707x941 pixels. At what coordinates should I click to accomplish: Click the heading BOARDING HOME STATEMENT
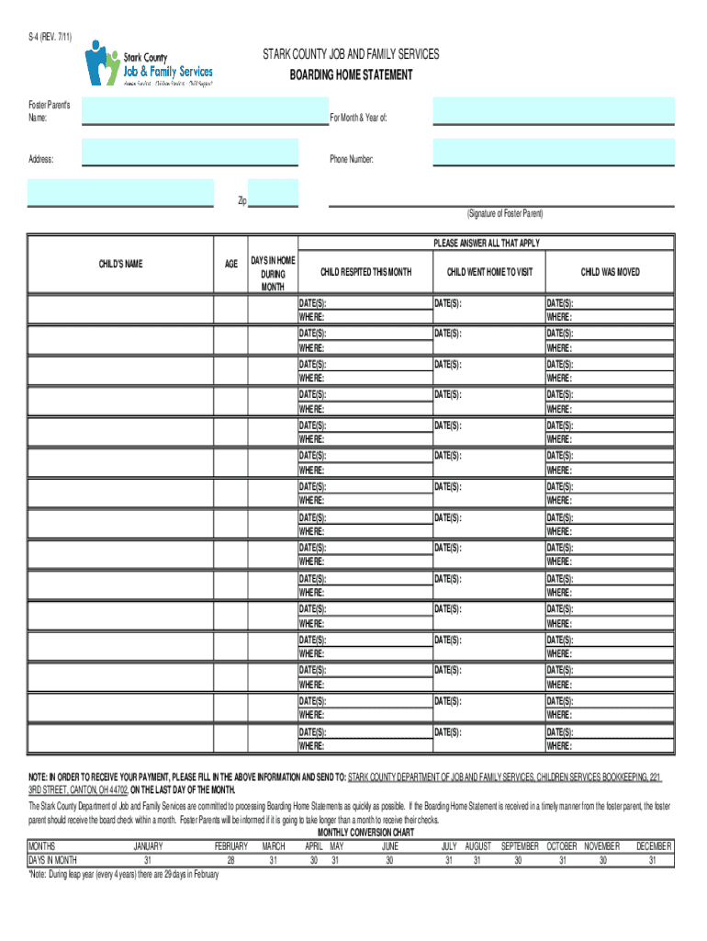click(x=352, y=75)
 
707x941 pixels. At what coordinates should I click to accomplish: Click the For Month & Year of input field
click(x=553, y=111)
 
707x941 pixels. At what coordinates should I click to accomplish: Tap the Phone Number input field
click(x=553, y=152)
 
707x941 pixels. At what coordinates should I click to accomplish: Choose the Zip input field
click(x=274, y=193)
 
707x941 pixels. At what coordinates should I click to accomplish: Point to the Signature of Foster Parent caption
click(x=504, y=213)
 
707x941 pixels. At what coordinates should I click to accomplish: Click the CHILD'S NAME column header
click(x=120, y=264)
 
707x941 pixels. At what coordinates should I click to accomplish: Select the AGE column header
click(x=231, y=264)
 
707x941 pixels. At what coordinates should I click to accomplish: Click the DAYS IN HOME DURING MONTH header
click(x=274, y=274)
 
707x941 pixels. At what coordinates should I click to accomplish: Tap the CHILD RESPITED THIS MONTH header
click(x=365, y=272)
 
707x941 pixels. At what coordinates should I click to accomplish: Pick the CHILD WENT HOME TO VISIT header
click(x=489, y=272)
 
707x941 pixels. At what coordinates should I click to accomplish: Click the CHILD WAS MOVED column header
click(x=610, y=272)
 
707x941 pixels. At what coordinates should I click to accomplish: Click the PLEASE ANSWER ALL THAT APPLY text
click(x=487, y=243)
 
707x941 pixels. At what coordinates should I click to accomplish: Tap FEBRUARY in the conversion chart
click(x=231, y=845)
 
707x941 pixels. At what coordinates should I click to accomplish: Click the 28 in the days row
click(x=231, y=860)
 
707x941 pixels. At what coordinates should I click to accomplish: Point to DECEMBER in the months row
click(x=653, y=845)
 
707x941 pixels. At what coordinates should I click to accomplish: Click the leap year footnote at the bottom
click(x=123, y=875)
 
